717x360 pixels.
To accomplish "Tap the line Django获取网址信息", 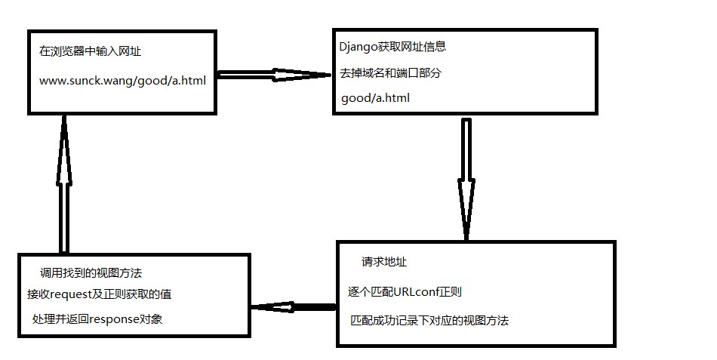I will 392,47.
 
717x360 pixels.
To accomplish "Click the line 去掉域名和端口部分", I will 391,72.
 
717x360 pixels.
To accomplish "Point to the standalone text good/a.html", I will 375,98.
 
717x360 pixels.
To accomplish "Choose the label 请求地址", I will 385,263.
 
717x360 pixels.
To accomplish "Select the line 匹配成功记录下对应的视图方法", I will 429,321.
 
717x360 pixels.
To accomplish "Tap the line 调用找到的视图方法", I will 91,272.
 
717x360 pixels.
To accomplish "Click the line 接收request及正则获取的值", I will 100,294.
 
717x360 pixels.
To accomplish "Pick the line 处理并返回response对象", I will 97,319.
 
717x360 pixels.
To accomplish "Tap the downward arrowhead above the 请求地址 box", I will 466,208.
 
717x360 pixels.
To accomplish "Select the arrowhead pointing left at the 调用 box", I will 272,307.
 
